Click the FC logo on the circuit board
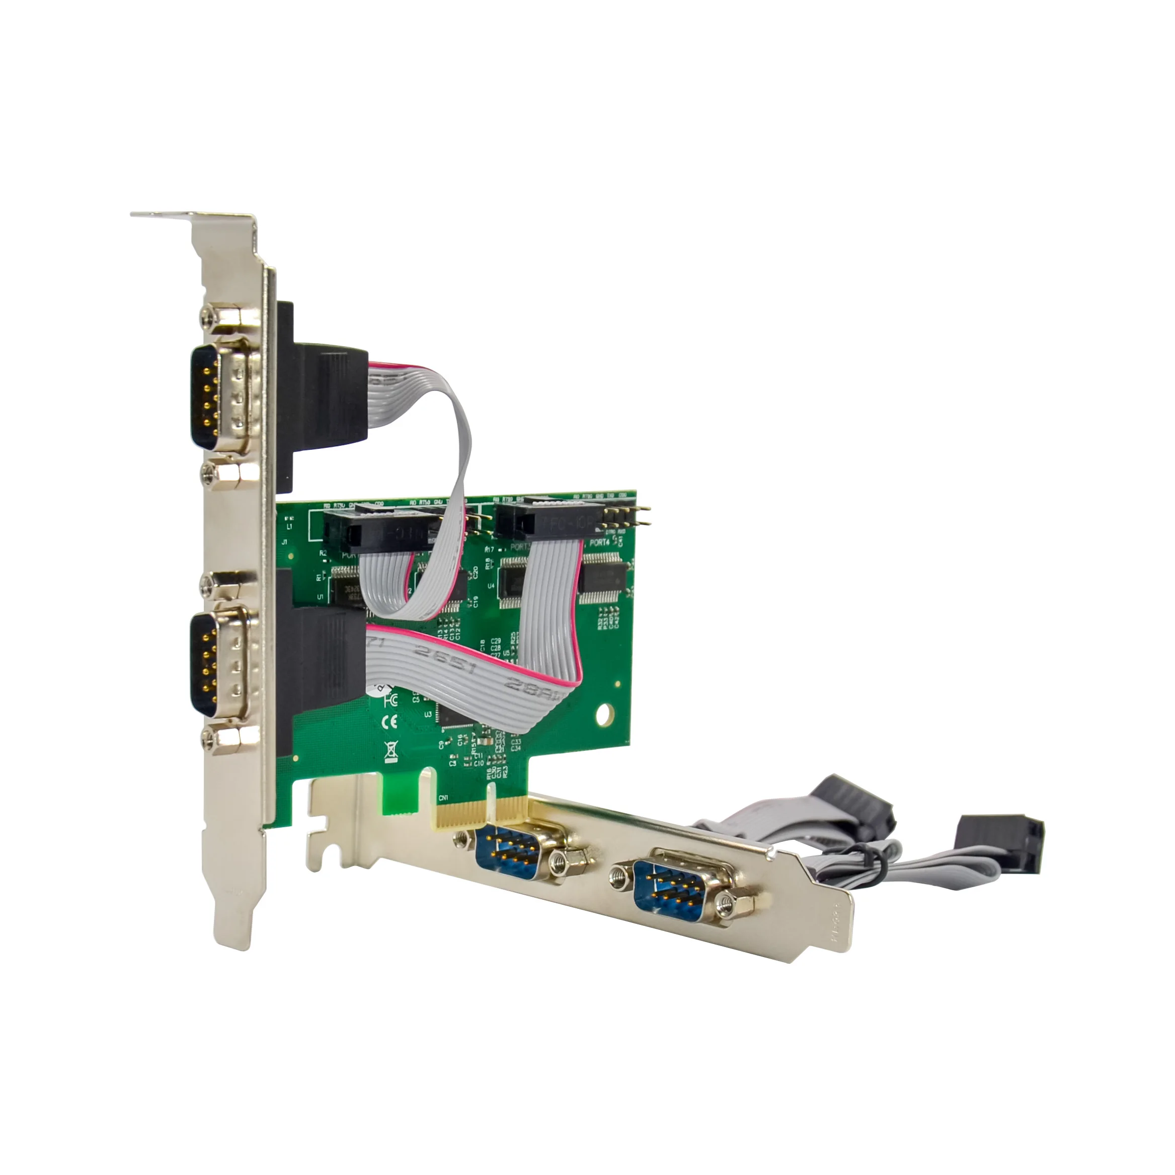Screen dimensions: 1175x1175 [x=390, y=700]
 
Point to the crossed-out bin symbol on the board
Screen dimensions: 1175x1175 [x=391, y=752]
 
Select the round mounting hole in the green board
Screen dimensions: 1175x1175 [x=604, y=714]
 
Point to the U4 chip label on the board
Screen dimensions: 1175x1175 [x=491, y=586]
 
